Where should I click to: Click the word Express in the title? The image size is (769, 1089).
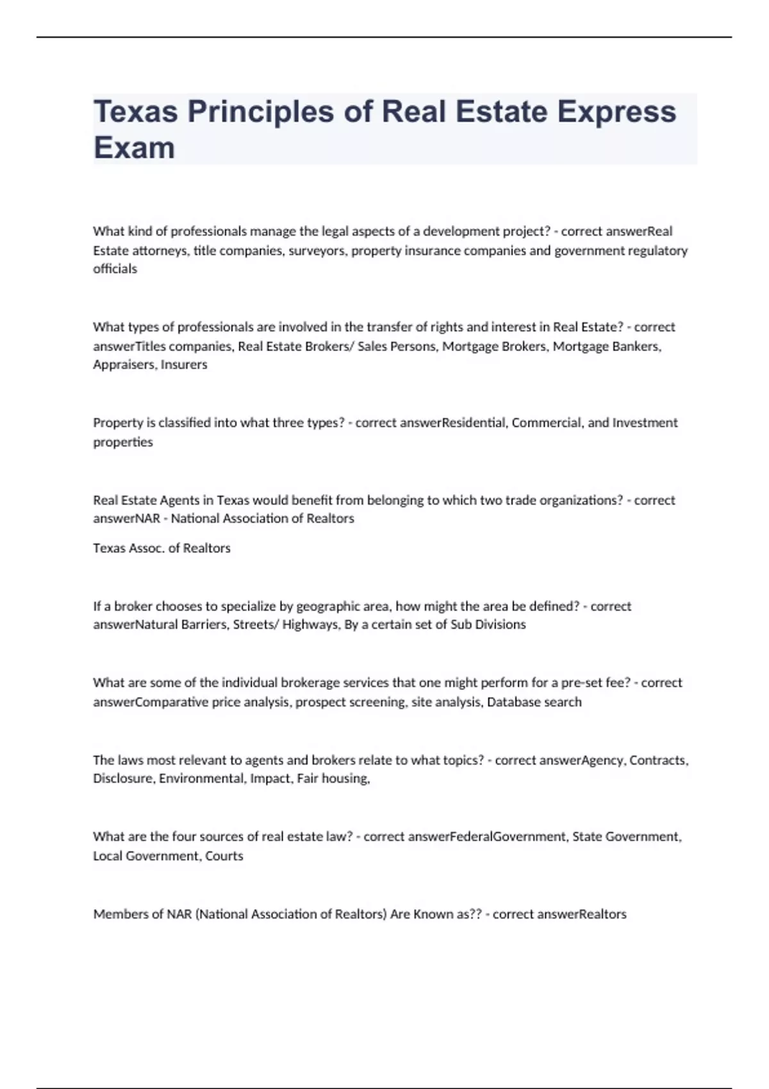coord(616,112)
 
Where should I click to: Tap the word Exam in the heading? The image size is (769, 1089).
coord(134,148)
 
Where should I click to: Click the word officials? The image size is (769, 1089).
coord(115,269)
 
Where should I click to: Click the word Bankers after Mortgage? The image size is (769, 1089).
coord(639,346)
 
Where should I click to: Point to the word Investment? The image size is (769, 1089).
coord(645,423)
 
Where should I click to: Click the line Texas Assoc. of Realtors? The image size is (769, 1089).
coord(161,548)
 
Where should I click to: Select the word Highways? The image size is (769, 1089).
coord(310,625)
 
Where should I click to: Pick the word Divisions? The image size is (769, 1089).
coord(500,625)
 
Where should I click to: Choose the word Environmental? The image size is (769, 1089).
coord(202,779)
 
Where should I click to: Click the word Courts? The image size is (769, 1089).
coord(224,856)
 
